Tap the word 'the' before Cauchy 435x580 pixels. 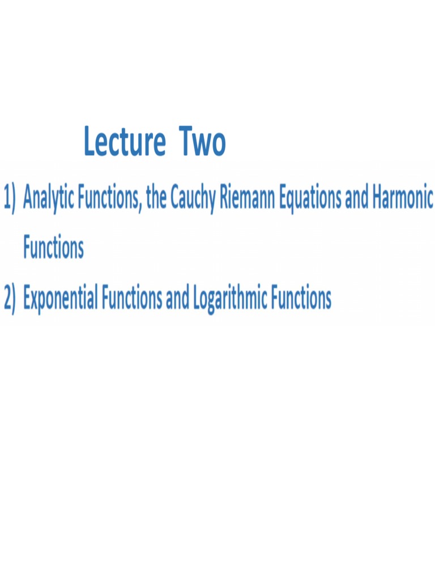[x=156, y=199]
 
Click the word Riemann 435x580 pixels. [x=245, y=199]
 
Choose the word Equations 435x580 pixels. [x=308, y=199]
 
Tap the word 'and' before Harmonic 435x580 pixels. [x=357, y=199]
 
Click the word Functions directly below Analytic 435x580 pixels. [x=53, y=248]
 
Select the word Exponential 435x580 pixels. [x=61, y=298]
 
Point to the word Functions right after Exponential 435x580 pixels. [x=132, y=298]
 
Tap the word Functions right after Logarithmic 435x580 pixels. [x=301, y=298]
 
